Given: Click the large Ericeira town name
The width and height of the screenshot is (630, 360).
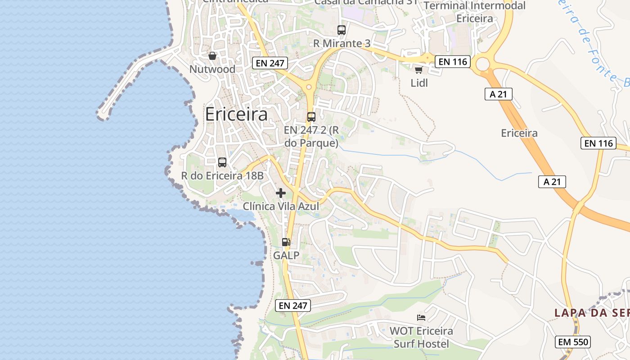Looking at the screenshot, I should (236, 114).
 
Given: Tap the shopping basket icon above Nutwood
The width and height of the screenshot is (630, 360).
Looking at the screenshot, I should (212, 56).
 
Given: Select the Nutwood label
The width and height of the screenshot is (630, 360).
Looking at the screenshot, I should (212, 69).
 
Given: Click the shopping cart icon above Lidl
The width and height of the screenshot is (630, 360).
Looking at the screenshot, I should (419, 70).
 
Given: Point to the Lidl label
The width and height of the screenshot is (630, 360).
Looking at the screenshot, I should (419, 83).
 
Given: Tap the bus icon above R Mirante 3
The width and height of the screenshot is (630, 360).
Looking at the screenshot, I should (342, 30).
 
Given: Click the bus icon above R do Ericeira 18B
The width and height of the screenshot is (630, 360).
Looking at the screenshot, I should (222, 162).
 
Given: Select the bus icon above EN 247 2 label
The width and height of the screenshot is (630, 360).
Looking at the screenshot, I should (311, 117).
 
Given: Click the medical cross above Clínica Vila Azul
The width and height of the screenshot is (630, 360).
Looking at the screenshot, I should (281, 193).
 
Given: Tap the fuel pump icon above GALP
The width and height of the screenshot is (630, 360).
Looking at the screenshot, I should (286, 242).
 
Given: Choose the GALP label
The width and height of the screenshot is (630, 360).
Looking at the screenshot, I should (286, 256).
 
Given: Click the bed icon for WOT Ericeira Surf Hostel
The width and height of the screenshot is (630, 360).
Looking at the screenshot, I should (421, 318).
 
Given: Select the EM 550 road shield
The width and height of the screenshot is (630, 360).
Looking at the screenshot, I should (573, 342).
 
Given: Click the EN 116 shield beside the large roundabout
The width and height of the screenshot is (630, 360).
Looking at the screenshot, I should (453, 62).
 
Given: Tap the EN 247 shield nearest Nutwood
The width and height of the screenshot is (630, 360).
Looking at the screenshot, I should (270, 63).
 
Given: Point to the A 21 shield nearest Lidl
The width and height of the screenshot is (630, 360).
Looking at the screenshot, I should (499, 94).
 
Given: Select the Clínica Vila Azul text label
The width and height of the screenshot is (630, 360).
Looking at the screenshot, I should (281, 207).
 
